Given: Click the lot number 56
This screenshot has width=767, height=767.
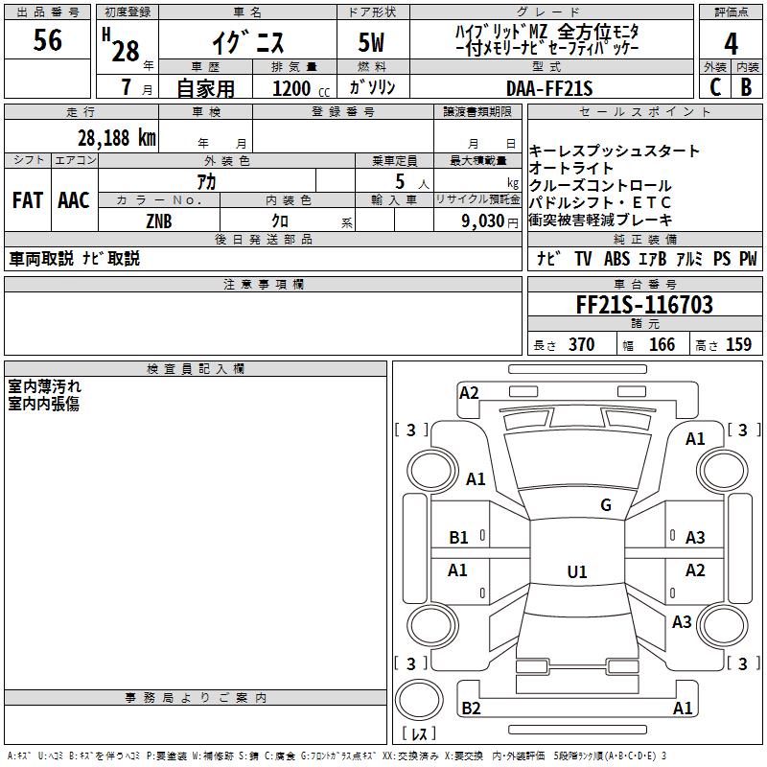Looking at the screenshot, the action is (x=48, y=40).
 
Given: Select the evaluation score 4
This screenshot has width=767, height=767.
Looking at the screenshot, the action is (x=732, y=43).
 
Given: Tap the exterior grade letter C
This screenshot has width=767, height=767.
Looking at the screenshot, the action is (x=715, y=86).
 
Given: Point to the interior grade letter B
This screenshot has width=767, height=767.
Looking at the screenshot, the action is (x=747, y=86).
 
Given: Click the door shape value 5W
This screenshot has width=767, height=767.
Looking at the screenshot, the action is (x=373, y=42).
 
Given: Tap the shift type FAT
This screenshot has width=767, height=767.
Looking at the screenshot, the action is (x=28, y=200).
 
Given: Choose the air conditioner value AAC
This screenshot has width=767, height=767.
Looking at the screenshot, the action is (x=74, y=200).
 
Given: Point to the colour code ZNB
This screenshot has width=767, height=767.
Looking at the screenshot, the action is (x=160, y=221).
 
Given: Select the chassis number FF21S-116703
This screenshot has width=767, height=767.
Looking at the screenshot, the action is (x=644, y=306).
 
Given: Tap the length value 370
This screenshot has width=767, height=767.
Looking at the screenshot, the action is (x=581, y=345).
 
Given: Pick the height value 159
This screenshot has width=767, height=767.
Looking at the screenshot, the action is (x=738, y=345).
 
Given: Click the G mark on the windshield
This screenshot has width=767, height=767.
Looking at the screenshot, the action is (x=606, y=505).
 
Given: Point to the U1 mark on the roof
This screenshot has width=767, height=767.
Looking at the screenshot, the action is (x=577, y=571).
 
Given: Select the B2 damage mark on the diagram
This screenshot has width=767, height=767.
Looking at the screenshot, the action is (x=471, y=708).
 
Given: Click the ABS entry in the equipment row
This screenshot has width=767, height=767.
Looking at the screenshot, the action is (x=616, y=259).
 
